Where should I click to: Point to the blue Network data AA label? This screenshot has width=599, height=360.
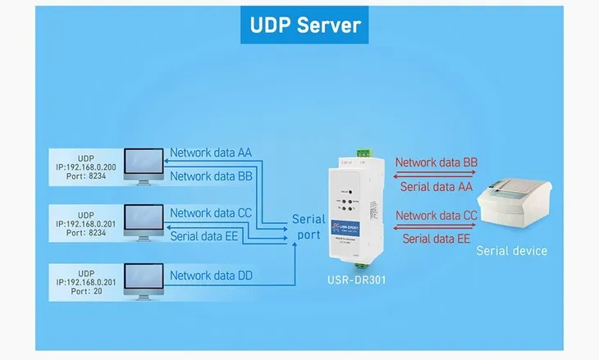coord(211,153)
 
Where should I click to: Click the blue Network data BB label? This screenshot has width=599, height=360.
coord(211,176)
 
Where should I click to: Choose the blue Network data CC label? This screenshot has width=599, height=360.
coord(211,213)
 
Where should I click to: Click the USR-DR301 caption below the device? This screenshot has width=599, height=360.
coord(352,279)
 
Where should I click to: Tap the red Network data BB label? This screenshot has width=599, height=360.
coord(436,162)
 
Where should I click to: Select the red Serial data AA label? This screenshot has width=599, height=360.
coord(436,186)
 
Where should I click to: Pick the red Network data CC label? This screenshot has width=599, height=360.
coord(436,216)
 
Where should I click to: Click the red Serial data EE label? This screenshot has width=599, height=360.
coord(436,239)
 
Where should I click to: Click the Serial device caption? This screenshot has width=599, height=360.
coord(511,251)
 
